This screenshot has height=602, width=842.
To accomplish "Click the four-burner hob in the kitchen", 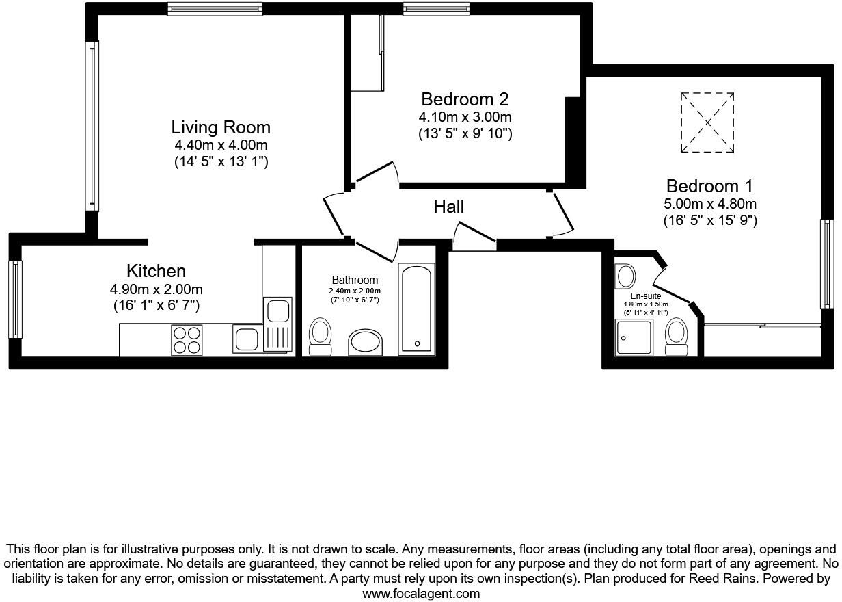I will (187, 339).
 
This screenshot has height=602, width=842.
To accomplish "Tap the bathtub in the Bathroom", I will (416, 310).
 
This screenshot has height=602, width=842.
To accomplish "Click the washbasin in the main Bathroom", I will (366, 342).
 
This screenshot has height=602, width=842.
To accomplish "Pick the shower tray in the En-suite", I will (634, 338).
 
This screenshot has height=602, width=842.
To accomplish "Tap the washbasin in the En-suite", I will (625, 276).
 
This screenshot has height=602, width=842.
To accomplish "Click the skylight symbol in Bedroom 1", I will (707, 122).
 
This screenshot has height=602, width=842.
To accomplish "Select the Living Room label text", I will (221, 127).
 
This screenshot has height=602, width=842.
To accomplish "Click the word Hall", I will (448, 207).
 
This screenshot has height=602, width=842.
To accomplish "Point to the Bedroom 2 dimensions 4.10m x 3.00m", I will (465, 117).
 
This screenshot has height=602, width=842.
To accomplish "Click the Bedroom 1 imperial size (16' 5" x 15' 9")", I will (710, 221).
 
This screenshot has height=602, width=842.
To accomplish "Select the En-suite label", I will (646, 296).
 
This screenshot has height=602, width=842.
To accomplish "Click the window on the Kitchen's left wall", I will (15, 299).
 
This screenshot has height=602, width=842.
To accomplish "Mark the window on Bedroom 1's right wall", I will (828, 263).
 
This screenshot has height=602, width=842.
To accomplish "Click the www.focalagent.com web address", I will (421, 594).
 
